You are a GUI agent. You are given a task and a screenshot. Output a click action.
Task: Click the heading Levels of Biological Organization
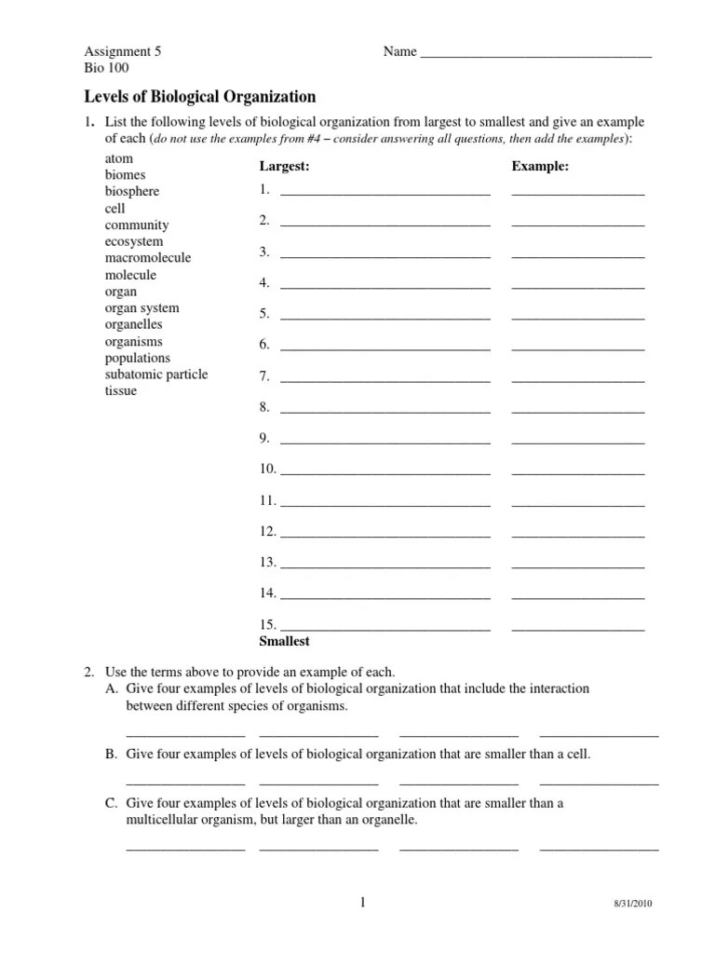pyautogui.click(x=200, y=97)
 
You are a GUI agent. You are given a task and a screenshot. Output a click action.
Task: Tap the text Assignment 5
pyautogui.click(x=123, y=52)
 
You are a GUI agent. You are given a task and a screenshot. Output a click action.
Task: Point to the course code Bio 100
pyautogui.click(x=107, y=69)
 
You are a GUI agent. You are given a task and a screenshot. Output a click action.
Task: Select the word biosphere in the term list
pyautogui.click(x=132, y=191)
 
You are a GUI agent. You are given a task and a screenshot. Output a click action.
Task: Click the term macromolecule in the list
pyautogui.click(x=148, y=258)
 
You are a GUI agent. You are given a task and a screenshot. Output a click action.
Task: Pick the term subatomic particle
pyautogui.click(x=156, y=375)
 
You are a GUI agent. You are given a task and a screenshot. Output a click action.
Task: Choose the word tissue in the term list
pyautogui.click(x=121, y=391)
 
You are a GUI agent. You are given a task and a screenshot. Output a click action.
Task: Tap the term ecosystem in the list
pyautogui.click(x=134, y=241)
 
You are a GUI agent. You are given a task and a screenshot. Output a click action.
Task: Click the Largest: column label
pyautogui.click(x=284, y=167)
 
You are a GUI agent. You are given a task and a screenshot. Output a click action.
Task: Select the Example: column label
pyautogui.click(x=540, y=167)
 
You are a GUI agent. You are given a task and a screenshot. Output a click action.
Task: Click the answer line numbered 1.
pyautogui.click(x=384, y=193)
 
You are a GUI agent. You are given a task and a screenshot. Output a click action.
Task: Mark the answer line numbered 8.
pyautogui.click(x=384, y=410)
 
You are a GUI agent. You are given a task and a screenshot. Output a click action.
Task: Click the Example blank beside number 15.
pyautogui.click(x=577, y=628)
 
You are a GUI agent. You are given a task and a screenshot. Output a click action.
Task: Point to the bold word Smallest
pyautogui.click(x=284, y=642)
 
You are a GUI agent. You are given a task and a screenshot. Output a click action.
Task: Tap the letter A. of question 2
pyautogui.click(x=112, y=689)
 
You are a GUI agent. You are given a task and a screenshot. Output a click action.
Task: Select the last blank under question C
pyautogui.click(x=599, y=848)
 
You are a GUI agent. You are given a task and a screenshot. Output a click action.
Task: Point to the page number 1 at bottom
pyautogui.click(x=364, y=902)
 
